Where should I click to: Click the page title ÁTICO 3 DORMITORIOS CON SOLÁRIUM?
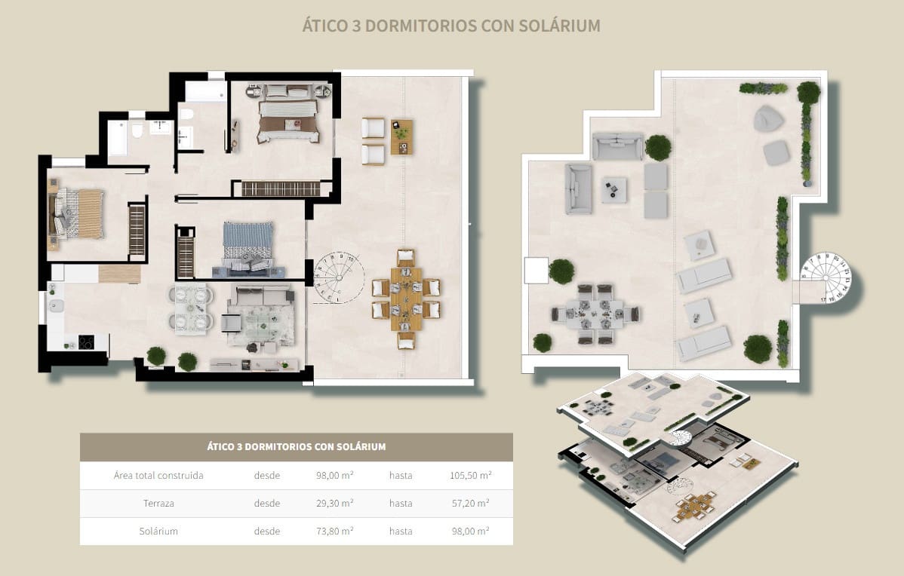(451, 26)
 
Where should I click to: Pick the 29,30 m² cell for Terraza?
(335, 503)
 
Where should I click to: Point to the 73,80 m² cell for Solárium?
(335, 531)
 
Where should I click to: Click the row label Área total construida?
(158, 475)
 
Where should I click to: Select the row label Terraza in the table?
(158, 503)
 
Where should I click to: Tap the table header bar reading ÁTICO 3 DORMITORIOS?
(296, 446)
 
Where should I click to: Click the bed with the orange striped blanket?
(78, 214)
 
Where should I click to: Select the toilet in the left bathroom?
(137, 133)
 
